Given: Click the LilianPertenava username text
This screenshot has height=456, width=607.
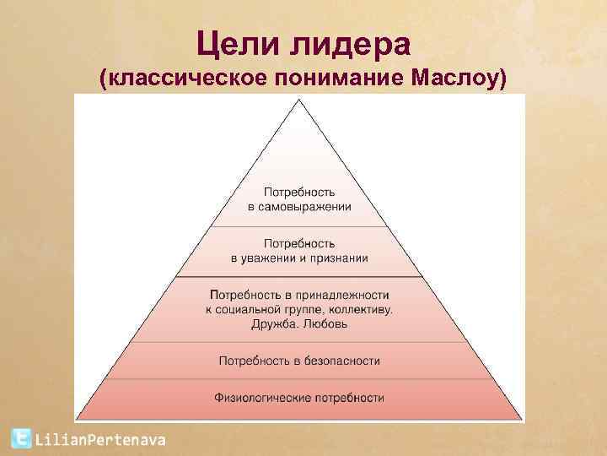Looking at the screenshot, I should tap(99, 439).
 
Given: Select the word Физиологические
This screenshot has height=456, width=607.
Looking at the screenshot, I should tap(261, 397).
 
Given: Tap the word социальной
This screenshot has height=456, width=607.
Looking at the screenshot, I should tap(253, 309).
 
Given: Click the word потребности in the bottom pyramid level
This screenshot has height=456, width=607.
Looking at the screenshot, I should tap(346, 397).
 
